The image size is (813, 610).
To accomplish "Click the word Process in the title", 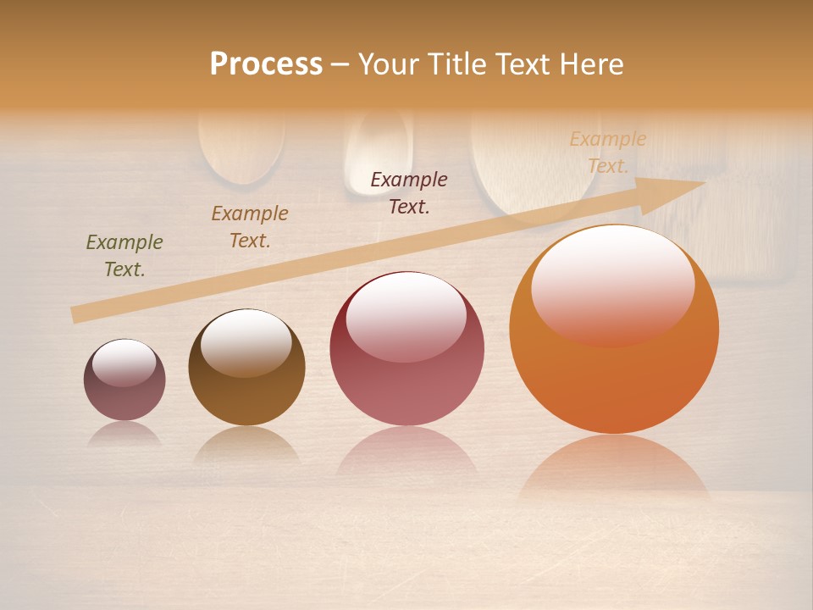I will pyautogui.click(x=266, y=64).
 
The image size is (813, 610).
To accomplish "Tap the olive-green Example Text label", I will pyautogui.click(x=124, y=256).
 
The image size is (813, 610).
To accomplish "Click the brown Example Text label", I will pyautogui.click(x=250, y=227).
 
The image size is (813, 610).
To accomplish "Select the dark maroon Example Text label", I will pyautogui.click(x=409, y=192).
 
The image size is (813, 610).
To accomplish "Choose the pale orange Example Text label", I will pyautogui.click(x=607, y=152).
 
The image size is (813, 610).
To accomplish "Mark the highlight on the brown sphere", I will pyautogui.click(x=246, y=341).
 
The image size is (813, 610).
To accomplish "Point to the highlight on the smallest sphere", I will pyautogui.click(x=124, y=363).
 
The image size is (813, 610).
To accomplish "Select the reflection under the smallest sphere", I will pyautogui.click(x=124, y=434).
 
